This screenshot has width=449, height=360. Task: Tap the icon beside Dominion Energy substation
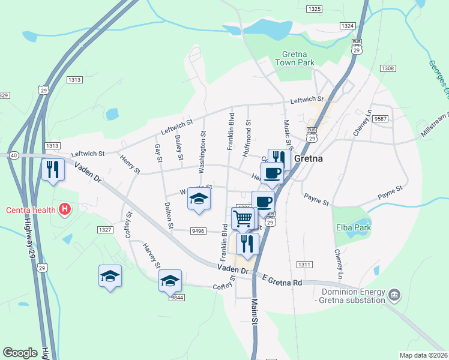click(x=394, y=294)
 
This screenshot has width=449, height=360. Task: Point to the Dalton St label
click(x=168, y=211)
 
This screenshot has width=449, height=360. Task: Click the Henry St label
click(x=130, y=165)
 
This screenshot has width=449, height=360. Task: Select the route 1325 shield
click(x=313, y=9)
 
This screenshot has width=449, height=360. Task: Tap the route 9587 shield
click(x=380, y=119)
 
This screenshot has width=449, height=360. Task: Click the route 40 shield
click(x=13, y=155)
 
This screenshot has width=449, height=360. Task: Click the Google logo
click(x=20, y=353)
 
